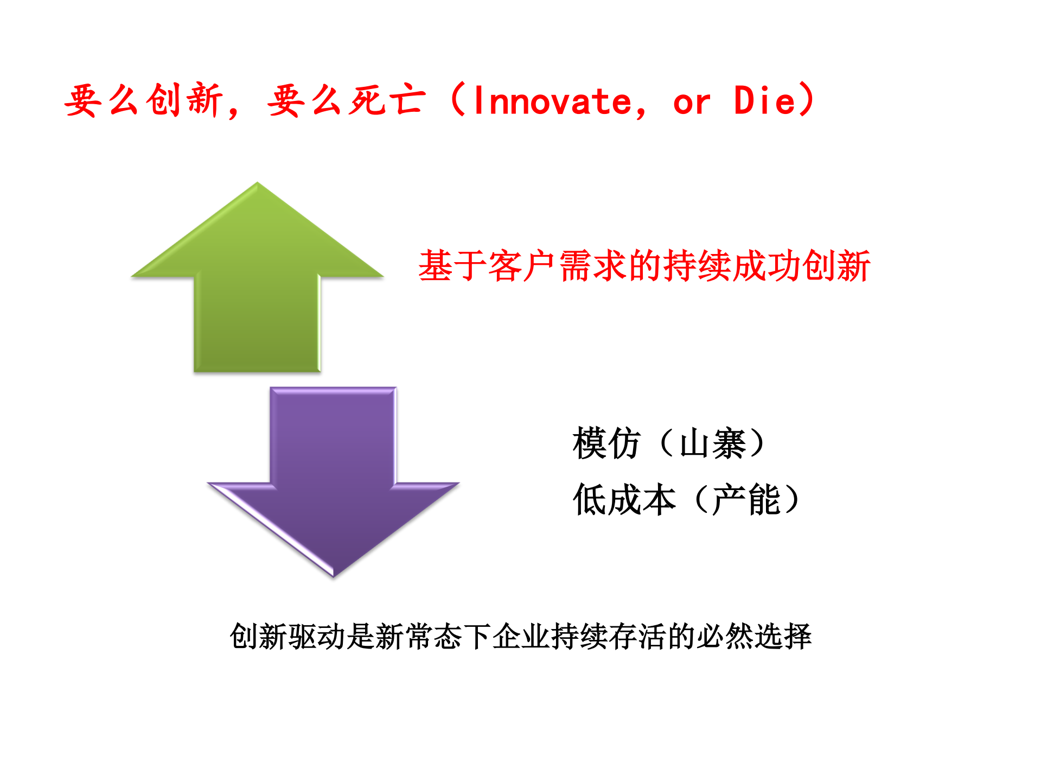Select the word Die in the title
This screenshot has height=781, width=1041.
coord(764,101)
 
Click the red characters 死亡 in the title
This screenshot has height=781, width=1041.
coord(387,100)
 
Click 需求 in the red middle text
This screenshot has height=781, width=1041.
coord(593,266)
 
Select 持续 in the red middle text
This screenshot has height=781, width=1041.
coord(698,266)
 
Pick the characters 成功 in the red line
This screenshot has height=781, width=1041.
coord(767,266)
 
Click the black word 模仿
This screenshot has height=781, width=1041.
coord(606,443)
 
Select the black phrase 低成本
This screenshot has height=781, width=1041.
coord(624,500)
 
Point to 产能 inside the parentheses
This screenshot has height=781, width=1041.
coord(747,500)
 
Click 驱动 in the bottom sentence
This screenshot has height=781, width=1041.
coord(317,636)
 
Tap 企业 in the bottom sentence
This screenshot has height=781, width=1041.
coord(521,636)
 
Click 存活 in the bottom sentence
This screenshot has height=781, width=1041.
coord(638,636)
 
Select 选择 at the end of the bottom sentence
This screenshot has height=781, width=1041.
coord(783,636)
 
